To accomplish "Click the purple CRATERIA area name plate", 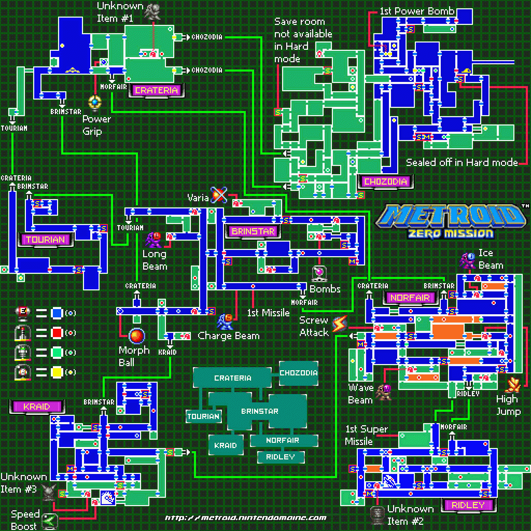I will click(156, 90).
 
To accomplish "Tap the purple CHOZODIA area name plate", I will click(385, 182).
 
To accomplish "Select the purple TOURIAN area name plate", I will click(45, 240).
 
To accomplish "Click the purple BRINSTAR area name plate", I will click(253, 231).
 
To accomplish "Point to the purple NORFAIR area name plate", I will click(410, 298).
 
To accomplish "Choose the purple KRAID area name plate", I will click(36, 407).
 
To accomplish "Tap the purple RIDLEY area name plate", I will click(468, 505).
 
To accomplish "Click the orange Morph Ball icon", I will click(137, 336).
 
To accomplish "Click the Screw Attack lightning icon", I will click(339, 325).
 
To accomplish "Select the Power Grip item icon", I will click(95, 102).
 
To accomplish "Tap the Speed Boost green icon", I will click(50, 520).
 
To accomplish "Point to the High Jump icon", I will click(513, 385).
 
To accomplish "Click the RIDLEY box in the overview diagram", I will click(280, 457).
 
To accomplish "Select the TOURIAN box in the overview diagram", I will click(203, 416).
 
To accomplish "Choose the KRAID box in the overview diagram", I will click(226, 445).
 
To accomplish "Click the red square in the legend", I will click(57, 332).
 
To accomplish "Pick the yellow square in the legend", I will click(57, 372).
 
